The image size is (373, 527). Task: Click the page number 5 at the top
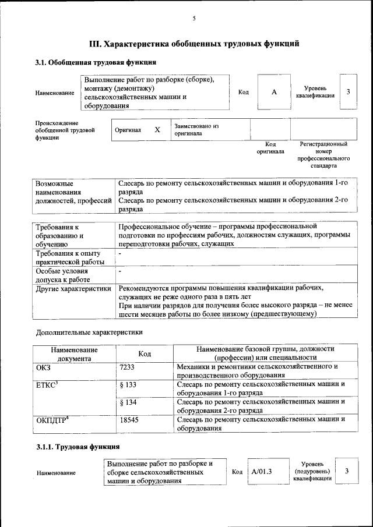pos(194,19)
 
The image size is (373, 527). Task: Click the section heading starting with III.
pos(194,43)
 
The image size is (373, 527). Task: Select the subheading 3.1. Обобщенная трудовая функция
pos(96,62)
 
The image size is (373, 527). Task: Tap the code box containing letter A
pos(273,93)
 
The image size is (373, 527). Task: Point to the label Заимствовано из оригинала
pos(196,129)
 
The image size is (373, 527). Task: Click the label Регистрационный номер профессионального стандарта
pos(323,154)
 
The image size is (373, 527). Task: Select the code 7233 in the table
pos(127,367)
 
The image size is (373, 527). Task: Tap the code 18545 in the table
pos(129,419)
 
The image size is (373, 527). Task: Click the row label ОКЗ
pos(44,367)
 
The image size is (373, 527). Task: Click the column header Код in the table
pos(145,353)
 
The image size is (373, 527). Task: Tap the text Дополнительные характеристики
pos(89,333)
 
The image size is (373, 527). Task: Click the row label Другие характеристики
pos(73,288)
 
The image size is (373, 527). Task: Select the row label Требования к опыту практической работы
pos(68,258)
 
